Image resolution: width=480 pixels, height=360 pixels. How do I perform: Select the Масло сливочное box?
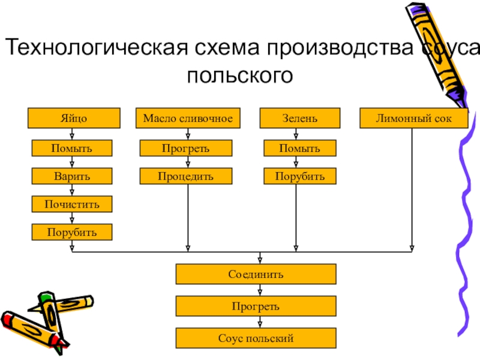click(188, 118)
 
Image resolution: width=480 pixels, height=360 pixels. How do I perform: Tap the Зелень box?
click(300, 118)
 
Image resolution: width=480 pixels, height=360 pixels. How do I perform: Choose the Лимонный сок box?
click(413, 118)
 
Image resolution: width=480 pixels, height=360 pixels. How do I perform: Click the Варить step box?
click(73, 176)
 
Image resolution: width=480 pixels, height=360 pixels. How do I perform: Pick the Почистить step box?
click(73, 204)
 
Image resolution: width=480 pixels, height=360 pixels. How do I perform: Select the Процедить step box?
click(185, 176)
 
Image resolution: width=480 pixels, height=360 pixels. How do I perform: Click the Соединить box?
click(256, 275)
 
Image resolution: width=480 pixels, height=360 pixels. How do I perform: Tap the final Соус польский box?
click(256, 338)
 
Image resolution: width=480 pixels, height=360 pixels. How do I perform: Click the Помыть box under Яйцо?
click(73, 148)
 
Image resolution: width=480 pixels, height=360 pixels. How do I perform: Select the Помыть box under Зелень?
click(300, 148)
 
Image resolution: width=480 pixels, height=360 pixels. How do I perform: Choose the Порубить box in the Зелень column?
click(300, 176)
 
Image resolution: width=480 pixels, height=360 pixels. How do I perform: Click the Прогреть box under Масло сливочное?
click(185, 148)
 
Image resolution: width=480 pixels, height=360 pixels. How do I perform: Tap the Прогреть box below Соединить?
click(256, 307)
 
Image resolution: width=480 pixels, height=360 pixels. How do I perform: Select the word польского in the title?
click(240, 76)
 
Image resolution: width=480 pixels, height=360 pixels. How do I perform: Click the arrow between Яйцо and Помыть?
click(73, 135)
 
